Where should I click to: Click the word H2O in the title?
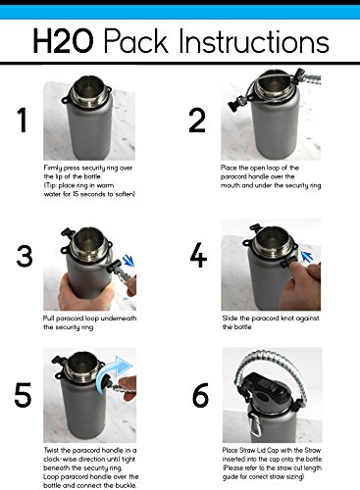[x=63, y=41]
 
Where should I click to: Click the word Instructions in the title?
[x=254, y=41]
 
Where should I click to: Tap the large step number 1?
[x=23, y=121]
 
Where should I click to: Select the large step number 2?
[x=197, y=121]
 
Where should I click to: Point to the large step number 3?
[x=25, y=256]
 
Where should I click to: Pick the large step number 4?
[x=198, y=256]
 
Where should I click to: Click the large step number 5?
[x=23, y=395]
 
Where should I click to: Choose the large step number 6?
[x=200, y=395]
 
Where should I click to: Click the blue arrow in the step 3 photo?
[x=129, y=261]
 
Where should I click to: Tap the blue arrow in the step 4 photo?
[x=307, y=257]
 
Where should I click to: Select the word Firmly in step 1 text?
[x=52, y=168]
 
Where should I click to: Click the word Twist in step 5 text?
[x=52, y=450]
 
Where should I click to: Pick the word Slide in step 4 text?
[x=231, y=318]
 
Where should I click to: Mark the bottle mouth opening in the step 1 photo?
[x=86, y=85]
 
